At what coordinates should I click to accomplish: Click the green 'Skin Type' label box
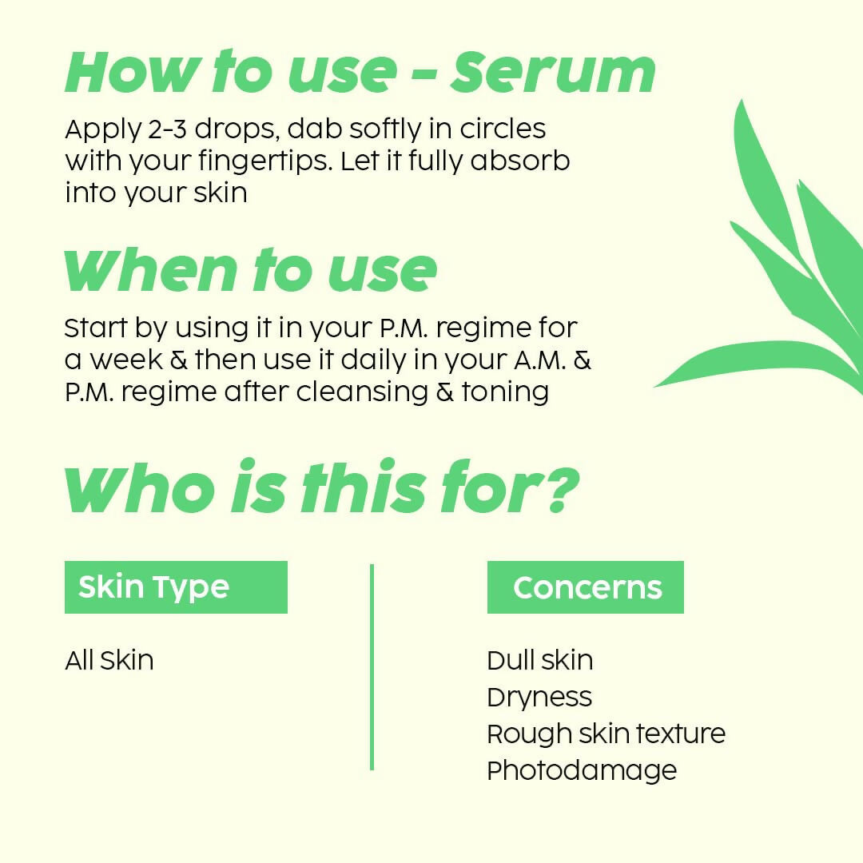point(176,587)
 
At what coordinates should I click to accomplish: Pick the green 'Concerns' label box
point(586,587)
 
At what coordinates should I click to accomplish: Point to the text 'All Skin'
point(109,661)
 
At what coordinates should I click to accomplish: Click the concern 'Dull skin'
point(540,661)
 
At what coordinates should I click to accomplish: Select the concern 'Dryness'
point(539,698)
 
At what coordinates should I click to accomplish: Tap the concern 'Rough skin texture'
point(606,734)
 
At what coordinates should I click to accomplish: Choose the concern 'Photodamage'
point(582,770)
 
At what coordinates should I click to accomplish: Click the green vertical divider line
point(372,667)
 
